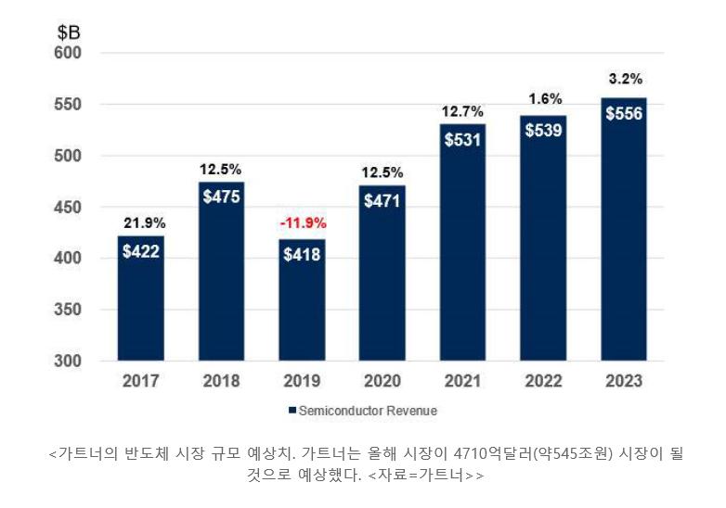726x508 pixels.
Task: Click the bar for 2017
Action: point(140,298)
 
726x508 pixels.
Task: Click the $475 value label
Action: point(221,200)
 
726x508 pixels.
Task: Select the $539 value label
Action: point(543,131)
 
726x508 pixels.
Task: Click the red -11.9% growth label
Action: point(302,223)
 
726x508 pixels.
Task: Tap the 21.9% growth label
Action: point(141,222)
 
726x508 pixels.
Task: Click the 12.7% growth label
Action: point(462,111)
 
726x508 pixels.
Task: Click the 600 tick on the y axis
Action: point(67,54)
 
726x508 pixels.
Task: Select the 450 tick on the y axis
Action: point(67,208)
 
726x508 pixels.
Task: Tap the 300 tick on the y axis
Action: point(67,361)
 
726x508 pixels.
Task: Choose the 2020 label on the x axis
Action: point(382,381)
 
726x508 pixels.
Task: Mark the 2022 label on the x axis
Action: point(543,381)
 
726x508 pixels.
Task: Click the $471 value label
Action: point(382,201)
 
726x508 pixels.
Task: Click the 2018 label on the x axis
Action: point(221,381)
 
